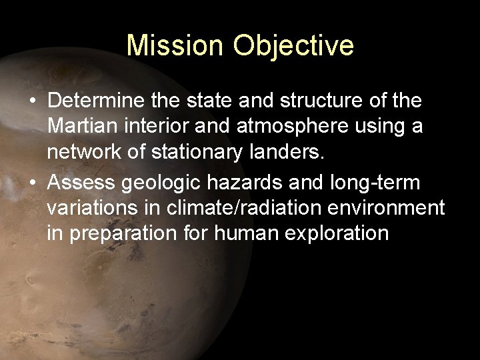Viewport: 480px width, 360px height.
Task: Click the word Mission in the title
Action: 175,46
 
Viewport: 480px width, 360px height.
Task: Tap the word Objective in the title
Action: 293,46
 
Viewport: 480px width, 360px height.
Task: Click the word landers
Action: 289,153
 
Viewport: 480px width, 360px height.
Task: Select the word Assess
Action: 81,182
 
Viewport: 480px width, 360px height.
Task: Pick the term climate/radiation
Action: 241,208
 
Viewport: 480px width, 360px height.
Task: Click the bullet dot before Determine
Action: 33,101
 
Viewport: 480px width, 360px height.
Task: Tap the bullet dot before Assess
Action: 33,183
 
